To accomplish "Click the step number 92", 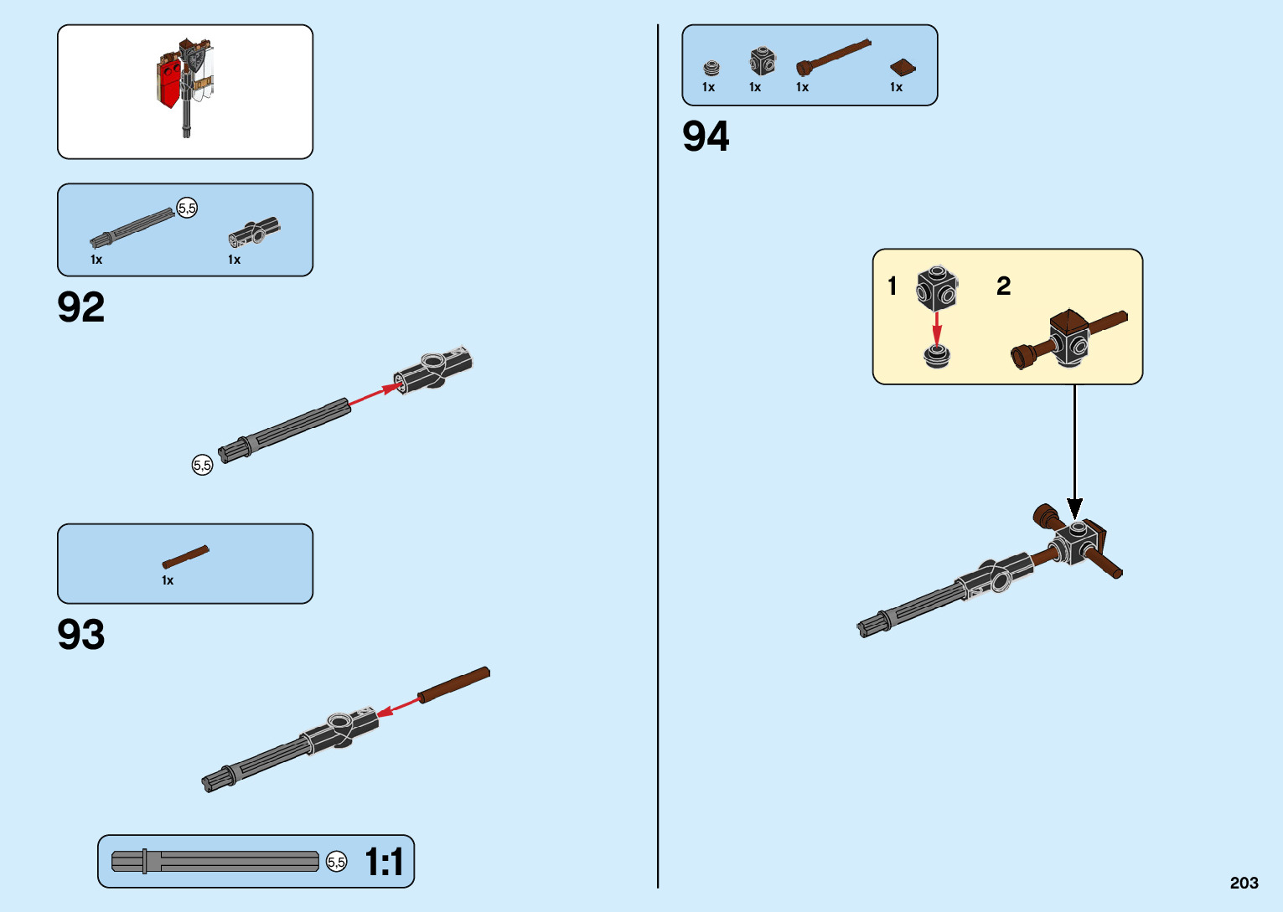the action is click(81, 307).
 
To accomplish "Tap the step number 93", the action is click(81, 635).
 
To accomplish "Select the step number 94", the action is click(706, 137).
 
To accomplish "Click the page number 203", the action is click(1244, 883).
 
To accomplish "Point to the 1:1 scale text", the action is click(385, 862).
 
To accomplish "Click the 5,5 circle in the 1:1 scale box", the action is click(336, 862).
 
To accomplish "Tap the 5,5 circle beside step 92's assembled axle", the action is click(203, 465).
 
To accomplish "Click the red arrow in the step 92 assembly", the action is click(373, 395).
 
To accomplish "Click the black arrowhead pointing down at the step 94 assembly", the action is click(1074, 508).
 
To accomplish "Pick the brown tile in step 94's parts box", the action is click(902, 68).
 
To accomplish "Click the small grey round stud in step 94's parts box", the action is click(711, 68).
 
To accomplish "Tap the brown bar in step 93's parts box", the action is click(185, 556).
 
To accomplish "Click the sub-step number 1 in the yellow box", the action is click(892, 286).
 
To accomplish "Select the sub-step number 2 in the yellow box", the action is click(1003, 286).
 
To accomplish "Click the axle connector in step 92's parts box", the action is click(254, 232).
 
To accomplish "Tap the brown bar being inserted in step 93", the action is click(454, 684).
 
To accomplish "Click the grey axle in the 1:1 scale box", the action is click(215, 862).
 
